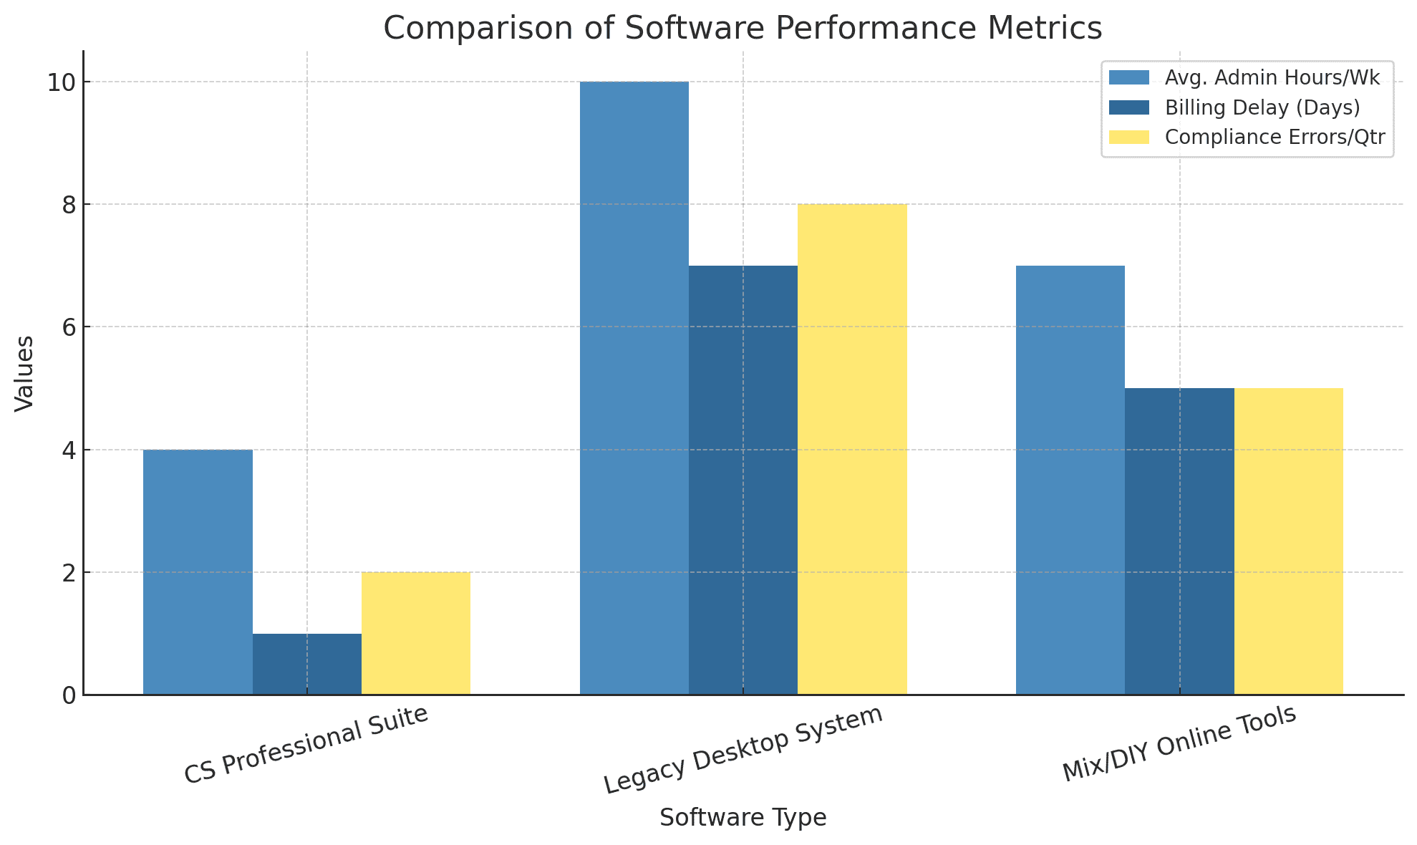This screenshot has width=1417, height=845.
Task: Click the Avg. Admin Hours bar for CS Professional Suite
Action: pyautogui.click(x=198, y=572)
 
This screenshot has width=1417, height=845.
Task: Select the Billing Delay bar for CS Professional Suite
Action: pyautogui.click(x=306, y=664)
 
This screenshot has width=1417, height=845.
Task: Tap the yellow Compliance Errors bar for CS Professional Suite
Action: pyautogui.click(x=416, y=633)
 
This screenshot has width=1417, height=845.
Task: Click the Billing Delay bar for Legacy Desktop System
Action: pyautogui.click(x=743, y=480)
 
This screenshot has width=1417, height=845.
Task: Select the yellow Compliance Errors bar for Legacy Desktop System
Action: pyautogui.click(x=852, y=449)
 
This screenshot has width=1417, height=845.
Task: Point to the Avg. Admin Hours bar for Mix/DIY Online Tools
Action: pyautogui.click(x=1070, y=480)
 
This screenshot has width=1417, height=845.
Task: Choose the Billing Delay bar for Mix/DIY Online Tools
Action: pyautogui.click(x=1179, y=541)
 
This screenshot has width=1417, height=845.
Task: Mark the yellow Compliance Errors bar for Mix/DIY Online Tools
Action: pyautogui.click(x=1289, y=541)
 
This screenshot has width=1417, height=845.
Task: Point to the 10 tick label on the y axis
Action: pyautogui.click(x=61, y=82)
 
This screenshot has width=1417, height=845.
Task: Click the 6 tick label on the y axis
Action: pyautogui.click(x=68, y=327)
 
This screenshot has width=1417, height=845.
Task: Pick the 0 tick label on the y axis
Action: pyautogui.click(x=68, y=695)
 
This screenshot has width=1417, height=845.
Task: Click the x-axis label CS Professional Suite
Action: pyautogui.click(x=306, y=745)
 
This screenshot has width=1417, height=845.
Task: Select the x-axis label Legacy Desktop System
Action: pyautogui.click(x=743, y=749)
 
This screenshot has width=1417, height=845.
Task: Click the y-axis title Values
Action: pyautogui.click(x=24, y=373)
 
